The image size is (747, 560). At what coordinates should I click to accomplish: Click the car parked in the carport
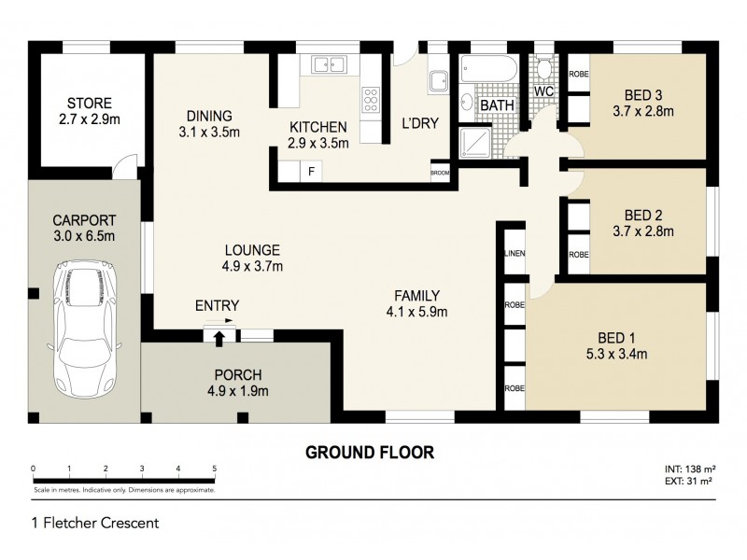coord(85,332)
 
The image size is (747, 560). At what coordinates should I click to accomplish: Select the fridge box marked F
coord(310,171)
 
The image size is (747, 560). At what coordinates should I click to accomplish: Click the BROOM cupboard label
coord(439,173)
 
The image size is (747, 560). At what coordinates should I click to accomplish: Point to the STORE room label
coord(90,103)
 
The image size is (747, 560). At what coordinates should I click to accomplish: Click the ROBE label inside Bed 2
coord(578,254)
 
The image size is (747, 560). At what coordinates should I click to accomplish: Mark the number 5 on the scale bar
coord(215,469)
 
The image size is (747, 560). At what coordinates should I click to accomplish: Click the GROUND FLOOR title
coord(370,453)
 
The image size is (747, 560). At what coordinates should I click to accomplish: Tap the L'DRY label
coord(420,122)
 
